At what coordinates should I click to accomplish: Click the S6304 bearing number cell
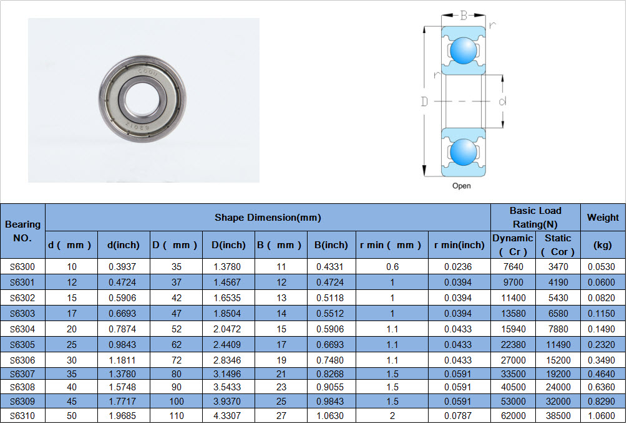(x=22, y=329)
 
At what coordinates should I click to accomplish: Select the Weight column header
(x=603, y=218)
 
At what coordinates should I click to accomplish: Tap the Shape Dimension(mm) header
(x=268, y=218)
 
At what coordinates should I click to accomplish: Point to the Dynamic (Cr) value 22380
(x=513, y=344)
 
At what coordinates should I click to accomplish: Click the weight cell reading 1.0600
(x=601, y=416)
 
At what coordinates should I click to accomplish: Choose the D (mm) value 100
(x=177, y=401)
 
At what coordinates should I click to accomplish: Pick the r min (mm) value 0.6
(x=392, y=266)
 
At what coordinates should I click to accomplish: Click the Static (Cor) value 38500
(x=558, y=416)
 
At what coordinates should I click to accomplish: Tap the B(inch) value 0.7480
(x=330, y=360)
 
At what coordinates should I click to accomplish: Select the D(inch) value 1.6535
(x=227, y=297)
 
